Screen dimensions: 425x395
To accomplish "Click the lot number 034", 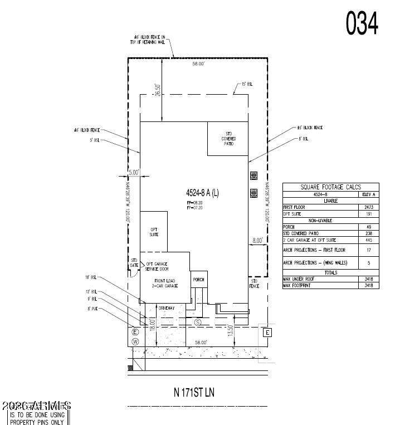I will point(362,23).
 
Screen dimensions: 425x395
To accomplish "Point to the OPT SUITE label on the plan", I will point(154,231).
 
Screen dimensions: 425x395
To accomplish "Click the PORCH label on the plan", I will point(198,280).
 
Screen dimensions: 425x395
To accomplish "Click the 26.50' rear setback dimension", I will point(158,91).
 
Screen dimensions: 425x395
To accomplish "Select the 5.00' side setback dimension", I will point(134,173).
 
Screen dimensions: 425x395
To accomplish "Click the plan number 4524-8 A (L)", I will point(202,193).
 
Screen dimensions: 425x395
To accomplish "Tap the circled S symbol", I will point(197,323).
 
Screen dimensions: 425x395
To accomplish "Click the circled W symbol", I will point(134,341).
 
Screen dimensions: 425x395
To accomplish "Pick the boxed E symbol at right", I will point(267,333).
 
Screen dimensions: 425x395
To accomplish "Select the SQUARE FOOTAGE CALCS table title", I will point(331,187).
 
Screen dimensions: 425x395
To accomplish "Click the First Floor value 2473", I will point(368,207).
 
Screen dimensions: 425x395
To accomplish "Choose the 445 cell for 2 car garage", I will point(368,240).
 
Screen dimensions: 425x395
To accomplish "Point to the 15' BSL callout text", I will point(247,84).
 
